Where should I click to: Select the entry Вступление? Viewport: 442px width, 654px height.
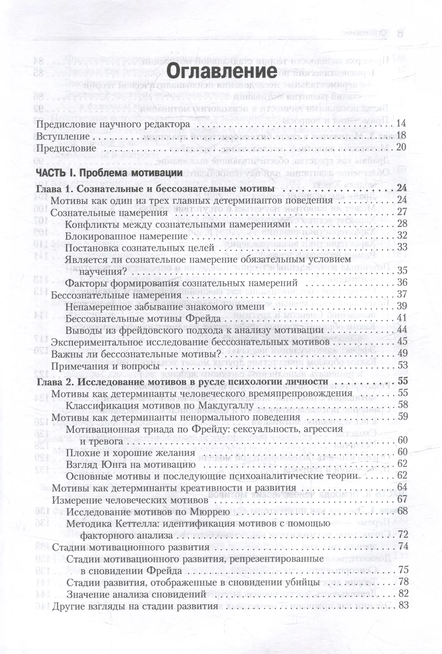tap(63, 136)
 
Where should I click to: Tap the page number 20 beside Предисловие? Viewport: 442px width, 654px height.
tap(401, 148)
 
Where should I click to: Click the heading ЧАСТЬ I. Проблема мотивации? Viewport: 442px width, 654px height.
tap(109, 173)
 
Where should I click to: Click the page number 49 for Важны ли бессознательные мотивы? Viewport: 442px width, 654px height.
tap(402, 354)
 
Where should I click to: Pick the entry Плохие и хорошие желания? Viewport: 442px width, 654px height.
tap(130, 452)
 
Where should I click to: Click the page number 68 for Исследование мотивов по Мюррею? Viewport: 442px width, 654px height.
tap(403, 512)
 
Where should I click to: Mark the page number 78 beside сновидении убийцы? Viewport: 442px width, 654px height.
tap(403, 582)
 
